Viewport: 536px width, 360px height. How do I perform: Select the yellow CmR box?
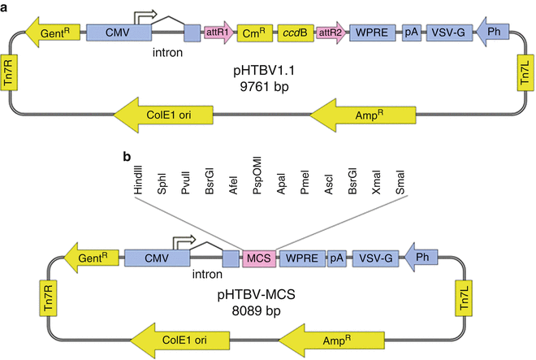(x=253, y=33)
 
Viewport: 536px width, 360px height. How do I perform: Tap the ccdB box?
(x=292, y=33)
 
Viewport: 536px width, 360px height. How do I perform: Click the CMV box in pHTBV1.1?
(x=119, y=33)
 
